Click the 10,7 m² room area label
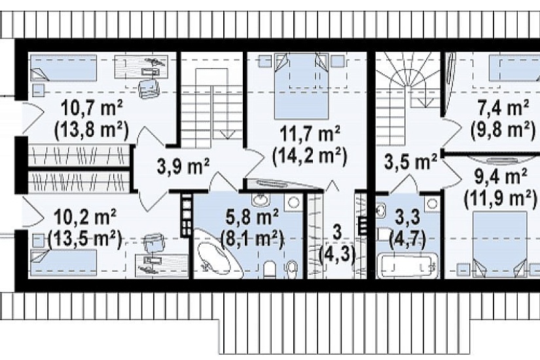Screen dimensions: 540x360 click(92, 109)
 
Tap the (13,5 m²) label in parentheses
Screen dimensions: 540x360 click(85, 239)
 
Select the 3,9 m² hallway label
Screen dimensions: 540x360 click(183, 166)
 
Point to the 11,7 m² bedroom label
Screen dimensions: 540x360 click(310, 134)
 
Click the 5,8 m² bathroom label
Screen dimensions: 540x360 click(252, 218)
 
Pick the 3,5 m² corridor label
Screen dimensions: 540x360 click(410, 162)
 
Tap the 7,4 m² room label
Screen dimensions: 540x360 click(503, 108)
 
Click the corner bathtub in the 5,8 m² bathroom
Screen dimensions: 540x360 click(216, 253)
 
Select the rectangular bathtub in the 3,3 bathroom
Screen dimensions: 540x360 click(408, 266)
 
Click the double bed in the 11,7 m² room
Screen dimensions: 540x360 click(301, 86)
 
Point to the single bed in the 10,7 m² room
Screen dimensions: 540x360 click(63, 68)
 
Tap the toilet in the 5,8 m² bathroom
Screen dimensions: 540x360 click(270, 270)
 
